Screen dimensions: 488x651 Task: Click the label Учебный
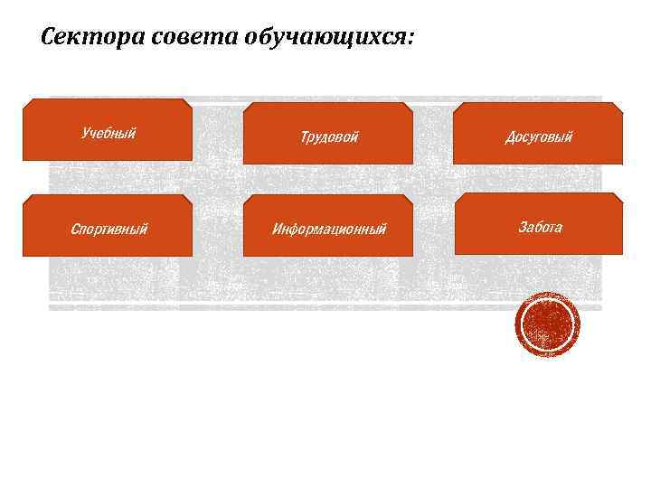(108, 134)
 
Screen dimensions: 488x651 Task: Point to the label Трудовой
(329, 137)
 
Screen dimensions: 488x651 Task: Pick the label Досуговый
(539, 137)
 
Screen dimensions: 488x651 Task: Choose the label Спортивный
(108, 229)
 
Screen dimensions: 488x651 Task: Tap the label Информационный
(329, 229)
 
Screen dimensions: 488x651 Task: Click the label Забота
(540, 227)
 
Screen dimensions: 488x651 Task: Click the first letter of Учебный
(84, 134)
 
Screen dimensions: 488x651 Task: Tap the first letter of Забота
(522, 227)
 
